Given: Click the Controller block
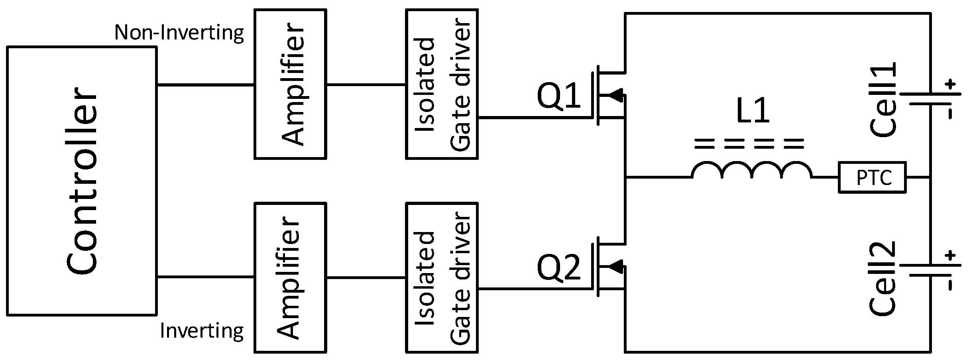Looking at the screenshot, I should [x=81, y=181].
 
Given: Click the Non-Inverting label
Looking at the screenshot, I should [x=179, y=33].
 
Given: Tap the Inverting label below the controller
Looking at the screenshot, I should [x=202, y=330].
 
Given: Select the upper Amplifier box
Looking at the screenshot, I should [x=290, y=84].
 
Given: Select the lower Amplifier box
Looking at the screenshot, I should [x=290, y=277].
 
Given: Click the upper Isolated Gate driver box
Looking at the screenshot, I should [x=442, y=84].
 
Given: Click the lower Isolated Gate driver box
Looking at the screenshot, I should [x=442, y=277].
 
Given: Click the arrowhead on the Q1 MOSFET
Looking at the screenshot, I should [x=615, y=95].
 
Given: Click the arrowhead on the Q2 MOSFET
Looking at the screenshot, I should [x=615, y=266].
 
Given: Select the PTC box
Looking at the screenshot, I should [x=872, y=177].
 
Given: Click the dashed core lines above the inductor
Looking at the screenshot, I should [x=749, y=144].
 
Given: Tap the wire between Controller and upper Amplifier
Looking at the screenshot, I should [x=205, y=85].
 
